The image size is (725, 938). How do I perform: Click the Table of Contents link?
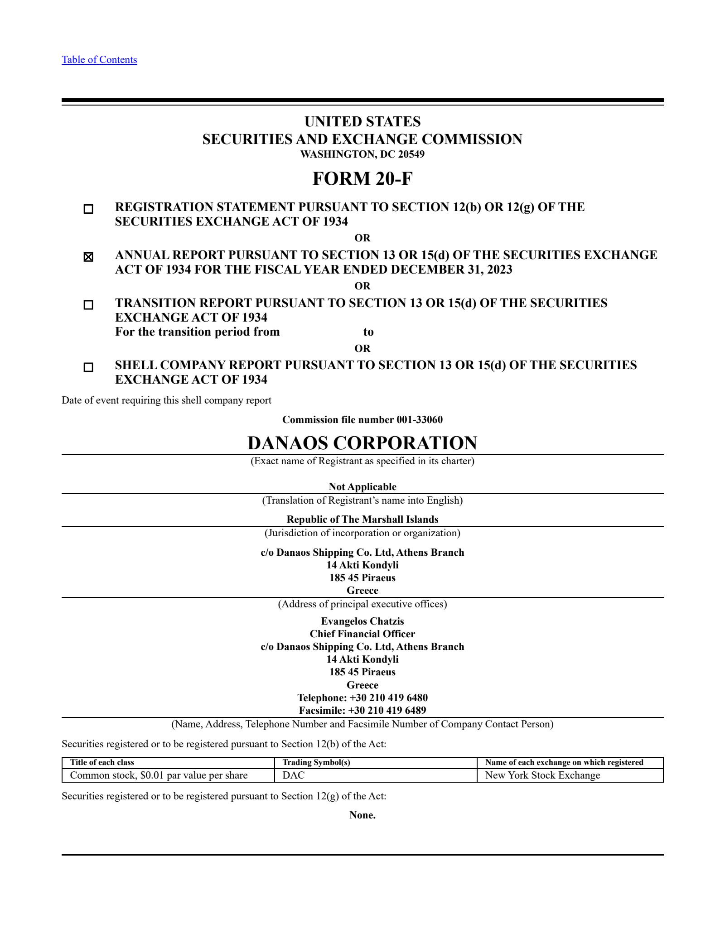coord(99,60)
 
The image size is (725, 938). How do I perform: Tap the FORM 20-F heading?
coord(362,178)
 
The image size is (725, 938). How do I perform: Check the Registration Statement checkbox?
coord(88,209)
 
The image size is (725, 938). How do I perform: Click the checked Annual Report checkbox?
coord(88,257)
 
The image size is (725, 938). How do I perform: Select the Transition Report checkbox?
coord(88,305)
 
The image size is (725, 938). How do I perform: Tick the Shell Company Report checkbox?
coord(88,367)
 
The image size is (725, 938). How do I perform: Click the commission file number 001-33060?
coord(419,420)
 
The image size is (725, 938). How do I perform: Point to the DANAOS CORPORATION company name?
coord(362,443)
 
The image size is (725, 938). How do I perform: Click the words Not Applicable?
coord(362,487)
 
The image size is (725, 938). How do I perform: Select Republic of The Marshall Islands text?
coord(362,520)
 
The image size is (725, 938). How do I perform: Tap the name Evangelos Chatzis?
coord(362,621)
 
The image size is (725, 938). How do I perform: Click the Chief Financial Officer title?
coord(362,634)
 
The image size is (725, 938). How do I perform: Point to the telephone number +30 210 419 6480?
coord(388,697)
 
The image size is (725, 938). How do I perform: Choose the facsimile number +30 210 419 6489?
coord(387,710)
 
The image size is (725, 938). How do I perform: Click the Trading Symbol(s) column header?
coord(316,762)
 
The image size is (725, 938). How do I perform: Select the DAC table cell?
coord(294,775)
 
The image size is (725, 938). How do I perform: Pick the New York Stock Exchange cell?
coord(542,775)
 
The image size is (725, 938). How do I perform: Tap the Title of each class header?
coord(102,762)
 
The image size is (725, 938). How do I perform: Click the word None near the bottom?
coord(362,815)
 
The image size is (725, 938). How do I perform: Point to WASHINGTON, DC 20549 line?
coord(362,154)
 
